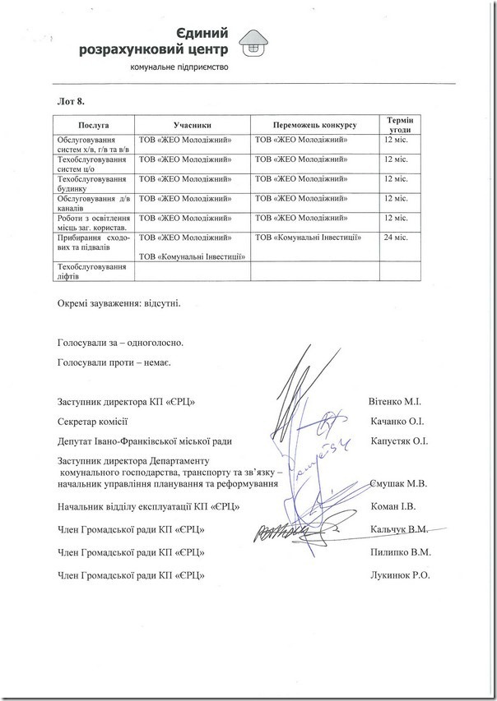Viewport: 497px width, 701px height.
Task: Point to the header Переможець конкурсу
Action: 314,123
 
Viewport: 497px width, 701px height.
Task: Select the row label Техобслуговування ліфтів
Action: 91,271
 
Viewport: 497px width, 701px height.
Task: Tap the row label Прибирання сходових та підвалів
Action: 91,242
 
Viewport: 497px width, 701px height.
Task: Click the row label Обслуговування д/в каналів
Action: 91,202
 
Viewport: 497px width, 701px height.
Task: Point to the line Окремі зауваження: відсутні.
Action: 118,302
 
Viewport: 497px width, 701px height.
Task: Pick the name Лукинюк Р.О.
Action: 401,575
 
